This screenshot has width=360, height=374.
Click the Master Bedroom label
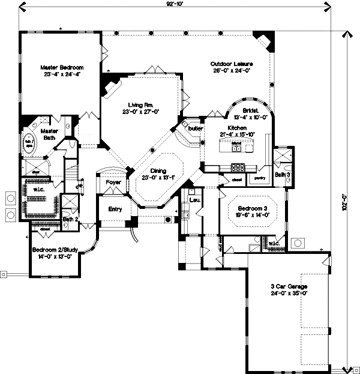click(x=61, y=68)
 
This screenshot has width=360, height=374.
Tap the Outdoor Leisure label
click(x=231, y=64)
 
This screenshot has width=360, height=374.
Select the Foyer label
click(x=113, y=182)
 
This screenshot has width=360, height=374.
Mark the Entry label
click(x=115, y=210)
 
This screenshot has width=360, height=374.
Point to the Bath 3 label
click(x=283, y=175)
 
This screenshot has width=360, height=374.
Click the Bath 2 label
click(x=71, y=220)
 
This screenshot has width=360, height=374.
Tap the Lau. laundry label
click(x=194, y=199)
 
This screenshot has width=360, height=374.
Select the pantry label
click(x=259, y=178)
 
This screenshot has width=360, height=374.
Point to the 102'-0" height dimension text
click(x=345, y=199)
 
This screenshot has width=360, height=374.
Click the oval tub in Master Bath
click(x=28, y=143)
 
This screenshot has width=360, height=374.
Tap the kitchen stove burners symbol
click(x=238, y=167)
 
